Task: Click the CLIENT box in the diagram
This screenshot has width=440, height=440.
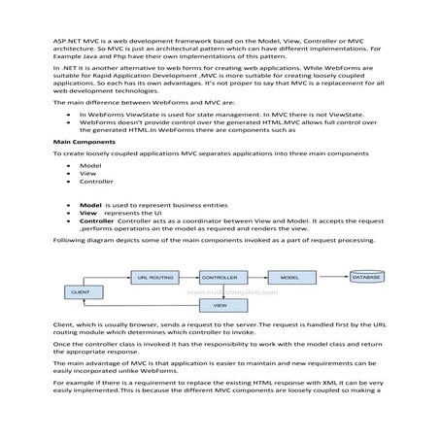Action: point(81,291)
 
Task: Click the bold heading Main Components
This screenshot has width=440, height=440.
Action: point(80,141)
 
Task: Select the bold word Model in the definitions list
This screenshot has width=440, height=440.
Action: point(90,206)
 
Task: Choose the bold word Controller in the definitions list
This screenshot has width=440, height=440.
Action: point(96,220)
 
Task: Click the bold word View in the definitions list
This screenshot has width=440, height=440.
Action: point(87,213)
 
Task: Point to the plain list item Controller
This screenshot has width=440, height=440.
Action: point(96,182)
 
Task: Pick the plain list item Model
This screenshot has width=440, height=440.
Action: point(89,166)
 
